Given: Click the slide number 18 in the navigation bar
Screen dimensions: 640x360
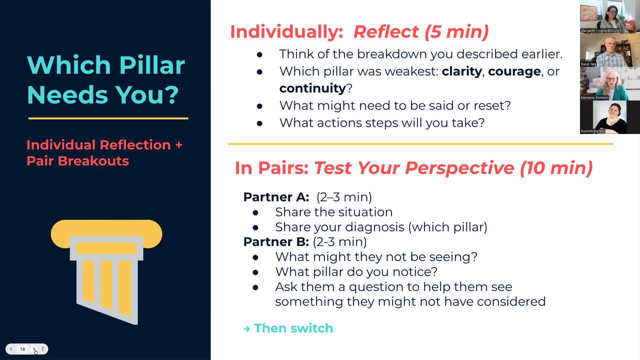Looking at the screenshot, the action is [22, 349].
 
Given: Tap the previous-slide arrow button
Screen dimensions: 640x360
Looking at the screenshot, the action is [11, 349].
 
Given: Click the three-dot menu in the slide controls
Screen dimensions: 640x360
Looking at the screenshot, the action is [43, 349].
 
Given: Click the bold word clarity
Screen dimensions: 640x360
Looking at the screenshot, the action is [461, 71].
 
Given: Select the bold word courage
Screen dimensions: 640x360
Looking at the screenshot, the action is [514, 71].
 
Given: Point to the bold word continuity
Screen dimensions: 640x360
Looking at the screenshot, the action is [312, 88].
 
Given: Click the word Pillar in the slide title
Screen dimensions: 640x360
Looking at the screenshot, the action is [152, 65].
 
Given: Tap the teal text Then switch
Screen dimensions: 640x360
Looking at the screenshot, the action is [293, 328].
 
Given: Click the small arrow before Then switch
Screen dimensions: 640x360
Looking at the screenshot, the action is [246, 329].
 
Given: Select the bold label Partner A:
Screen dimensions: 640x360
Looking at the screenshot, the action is [276, 197].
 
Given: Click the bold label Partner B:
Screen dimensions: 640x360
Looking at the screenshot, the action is [276, 242].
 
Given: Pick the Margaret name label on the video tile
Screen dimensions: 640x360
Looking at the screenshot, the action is [599, 30].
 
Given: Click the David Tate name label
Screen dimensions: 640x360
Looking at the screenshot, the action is [588, 64].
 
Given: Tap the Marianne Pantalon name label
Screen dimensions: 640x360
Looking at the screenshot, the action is [594, 97].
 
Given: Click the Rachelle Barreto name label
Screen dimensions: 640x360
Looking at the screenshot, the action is [592, 131].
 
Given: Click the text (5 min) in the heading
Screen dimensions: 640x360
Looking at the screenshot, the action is [456, 31].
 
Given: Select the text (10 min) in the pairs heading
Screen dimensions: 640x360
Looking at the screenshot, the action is [556, 167].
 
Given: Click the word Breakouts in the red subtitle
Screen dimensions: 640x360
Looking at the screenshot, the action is [93, 161].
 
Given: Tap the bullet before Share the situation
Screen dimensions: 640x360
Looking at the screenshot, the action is [255, 212].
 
